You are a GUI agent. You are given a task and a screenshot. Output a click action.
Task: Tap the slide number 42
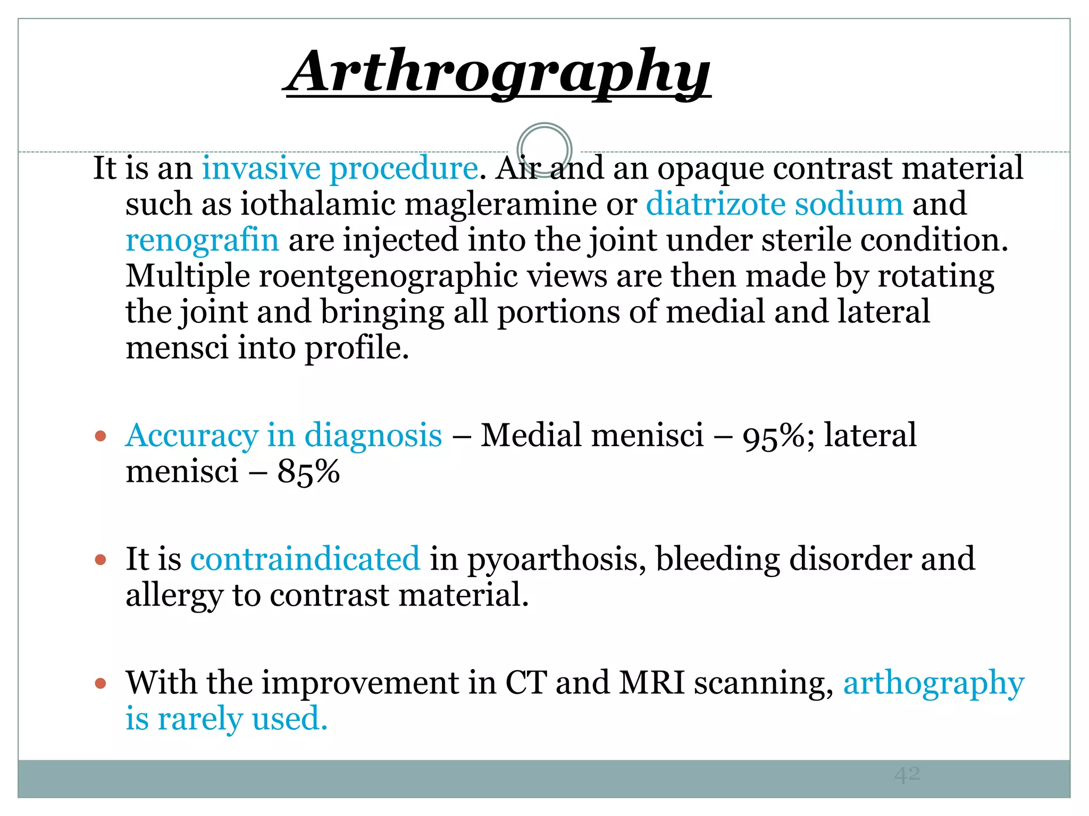tap(907, 775)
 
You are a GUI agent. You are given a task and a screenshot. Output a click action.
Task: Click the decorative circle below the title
tap(544, 149)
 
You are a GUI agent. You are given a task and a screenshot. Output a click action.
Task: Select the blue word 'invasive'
tap(261, 168)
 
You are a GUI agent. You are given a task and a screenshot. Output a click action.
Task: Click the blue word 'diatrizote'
tap(715, 204)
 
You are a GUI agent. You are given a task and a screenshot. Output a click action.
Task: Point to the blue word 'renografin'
tap(202, 240)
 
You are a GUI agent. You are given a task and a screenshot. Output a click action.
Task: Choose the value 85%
tap(308, 472)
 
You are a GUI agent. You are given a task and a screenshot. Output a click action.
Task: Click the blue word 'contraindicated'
tap(305, 559)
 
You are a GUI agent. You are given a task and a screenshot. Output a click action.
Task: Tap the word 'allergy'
tap(174, 596)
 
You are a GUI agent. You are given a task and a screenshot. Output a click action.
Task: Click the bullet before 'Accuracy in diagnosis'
tap(100, 437)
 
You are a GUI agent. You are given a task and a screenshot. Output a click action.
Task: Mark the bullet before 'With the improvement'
tap(100, 683)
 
